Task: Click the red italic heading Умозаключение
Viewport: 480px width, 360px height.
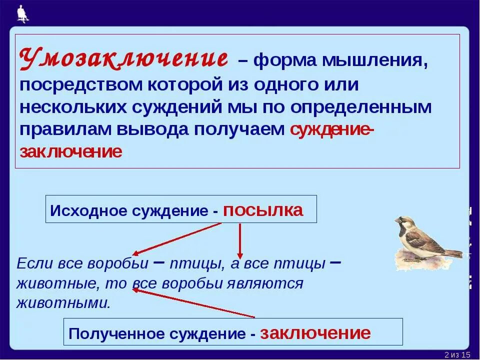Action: pyautogui.click(x=123, y=59)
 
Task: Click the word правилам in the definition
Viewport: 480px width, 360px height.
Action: pyautogui.click(x=66, y=129)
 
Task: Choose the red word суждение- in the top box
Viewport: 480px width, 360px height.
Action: pyautogui.click(x=331, y=129)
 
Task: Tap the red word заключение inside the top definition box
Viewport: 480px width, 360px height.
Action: pyautogui.click(x=70, y=151)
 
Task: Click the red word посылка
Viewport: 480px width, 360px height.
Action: pyautogui.click(x=263, y=210)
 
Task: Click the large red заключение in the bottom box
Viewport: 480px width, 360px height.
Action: pyautogui.click(x=315, y=333)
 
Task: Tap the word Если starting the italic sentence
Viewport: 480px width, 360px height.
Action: pyautogui.click(x=32, y=263)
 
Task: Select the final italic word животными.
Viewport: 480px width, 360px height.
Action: pyautogui.click(x=63, y=303)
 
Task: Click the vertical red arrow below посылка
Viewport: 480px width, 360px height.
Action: pyautogui.click(x=240, y=240)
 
